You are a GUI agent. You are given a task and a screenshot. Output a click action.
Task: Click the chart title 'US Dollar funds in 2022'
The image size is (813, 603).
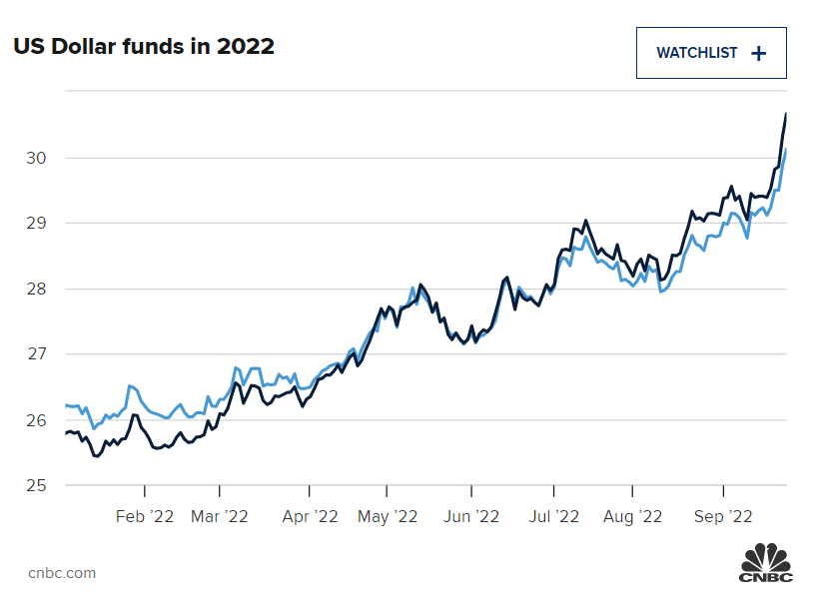[x=144, y=46]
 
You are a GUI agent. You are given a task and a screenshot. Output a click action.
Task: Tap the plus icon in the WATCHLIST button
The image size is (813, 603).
[x=759, y=54]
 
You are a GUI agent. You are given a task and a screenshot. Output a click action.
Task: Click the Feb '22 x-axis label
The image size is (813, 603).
[x=145, y=516]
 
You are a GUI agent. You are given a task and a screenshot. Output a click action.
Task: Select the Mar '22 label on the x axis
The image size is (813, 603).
[x=219, y=516]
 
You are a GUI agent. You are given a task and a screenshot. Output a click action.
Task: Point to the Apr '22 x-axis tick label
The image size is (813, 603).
[x=310, y=516]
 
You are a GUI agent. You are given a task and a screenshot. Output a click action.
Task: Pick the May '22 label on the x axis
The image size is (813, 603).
[x=387, y=516]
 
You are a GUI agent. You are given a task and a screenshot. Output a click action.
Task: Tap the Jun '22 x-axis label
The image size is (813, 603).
[x=470, y=516]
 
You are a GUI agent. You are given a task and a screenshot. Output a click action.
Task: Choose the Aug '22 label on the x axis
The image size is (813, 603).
[x=633, y=516]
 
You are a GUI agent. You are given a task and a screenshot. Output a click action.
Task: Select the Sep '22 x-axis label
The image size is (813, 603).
[x=722, y=516]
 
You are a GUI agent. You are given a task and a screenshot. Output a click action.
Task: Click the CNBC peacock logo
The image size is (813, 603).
[x=765, y=562]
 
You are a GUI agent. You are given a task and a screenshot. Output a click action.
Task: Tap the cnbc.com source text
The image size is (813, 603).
[x=62, y=572]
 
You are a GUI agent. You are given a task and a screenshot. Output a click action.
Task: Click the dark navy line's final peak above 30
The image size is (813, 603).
[x=786, y=114]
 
